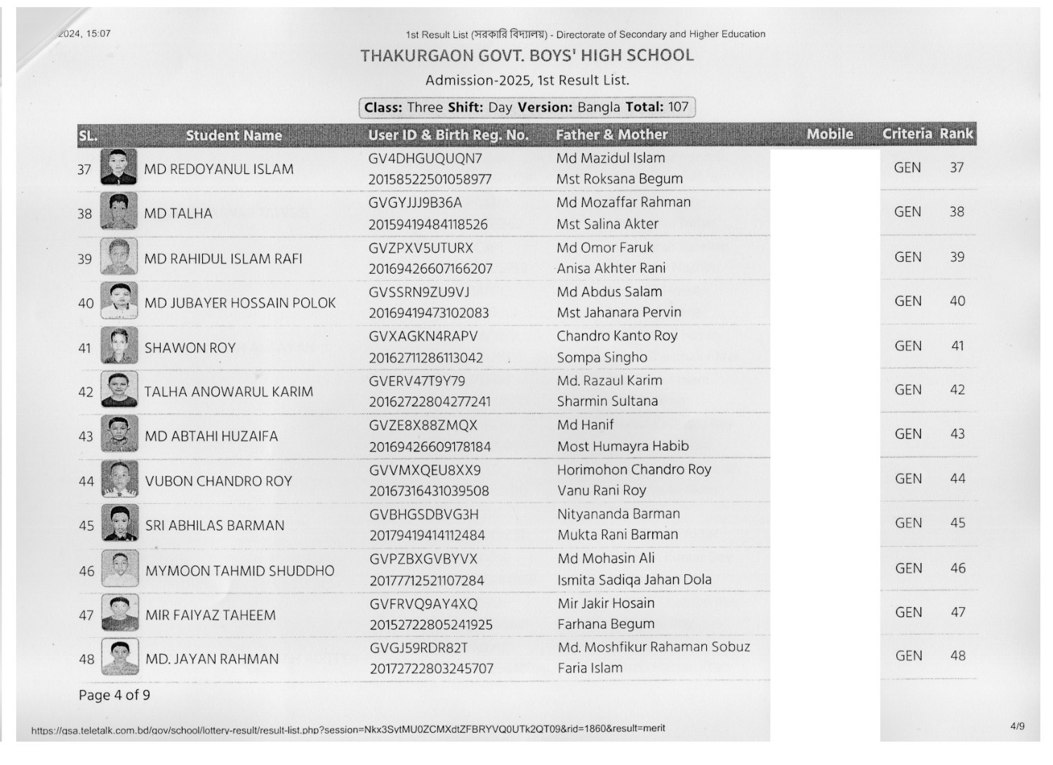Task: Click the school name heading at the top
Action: click(x=526, y=55)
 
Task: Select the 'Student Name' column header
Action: click(x=234, y=135)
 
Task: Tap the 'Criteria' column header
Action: click(x=907, y=134)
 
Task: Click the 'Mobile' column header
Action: click(x=830, y=134)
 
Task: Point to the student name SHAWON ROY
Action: click(x=190, y=348)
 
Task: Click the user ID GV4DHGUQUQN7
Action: click(x=425, y=159)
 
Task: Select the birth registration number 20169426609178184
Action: click(x=430, y=447)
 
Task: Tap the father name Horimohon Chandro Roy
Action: click(x=634, y=470)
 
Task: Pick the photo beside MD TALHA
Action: click(x=119, y=211)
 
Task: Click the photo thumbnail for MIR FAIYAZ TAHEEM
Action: click(x=119, y=613)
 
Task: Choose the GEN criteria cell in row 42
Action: click(x=908, y=390)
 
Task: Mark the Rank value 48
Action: click(x=958, y=656)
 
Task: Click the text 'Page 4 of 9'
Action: click(x=114, y=696)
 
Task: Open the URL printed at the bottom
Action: click(x=348, y=730)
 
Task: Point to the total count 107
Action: click(x=678, y=107)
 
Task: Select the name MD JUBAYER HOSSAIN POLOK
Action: click(x=240, y=303)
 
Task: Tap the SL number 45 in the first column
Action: click(x=86, y=526)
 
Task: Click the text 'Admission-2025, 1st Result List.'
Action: click(x=526, y=81)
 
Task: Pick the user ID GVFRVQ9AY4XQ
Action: click(x=423, y=604)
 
